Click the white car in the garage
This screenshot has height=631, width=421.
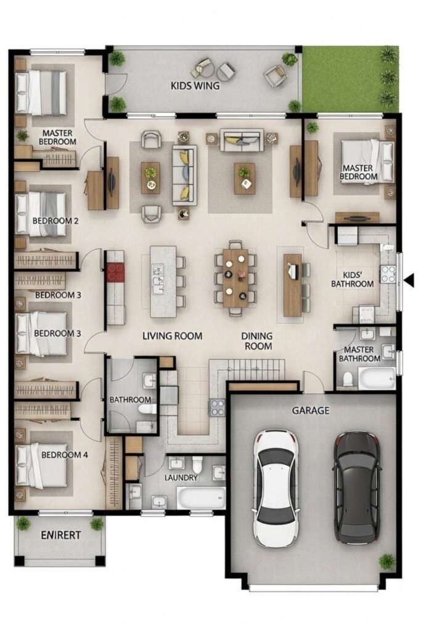pyautogui.click(x=276, y=488)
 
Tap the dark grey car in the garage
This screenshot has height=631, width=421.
pyautogui.click(x=357, y=487)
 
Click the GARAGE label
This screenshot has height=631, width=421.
pyautogui.click(x=310, y=410)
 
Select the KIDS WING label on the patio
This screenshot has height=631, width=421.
pyautogui.click(x=195, y=85)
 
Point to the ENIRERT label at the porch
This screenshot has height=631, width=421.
pyautogui.click(x=61, y=535)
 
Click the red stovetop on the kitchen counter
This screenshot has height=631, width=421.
pyautogui.click(x=115, y=272)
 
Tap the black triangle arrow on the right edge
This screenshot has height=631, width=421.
pyautogui.click(x=409, y=280)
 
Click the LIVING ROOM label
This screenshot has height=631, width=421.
pyautogui.click(x=172, y=336)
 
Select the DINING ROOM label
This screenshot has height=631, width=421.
pyautogui.click(x=256, y=340)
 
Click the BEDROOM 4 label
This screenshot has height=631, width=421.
pyautogui.click(x=64, y=455)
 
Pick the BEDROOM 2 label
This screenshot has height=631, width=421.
pyautogui.click(x=55, y=221)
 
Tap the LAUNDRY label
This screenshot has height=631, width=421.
pyautogui.click(x=181, y=478)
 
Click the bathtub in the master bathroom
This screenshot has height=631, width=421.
pyautogui.click(x=377, y=378)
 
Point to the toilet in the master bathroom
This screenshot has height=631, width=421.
pyautogui.click(x=348, y=379)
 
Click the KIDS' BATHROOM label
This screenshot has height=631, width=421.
pyautogui.click(x=352, y=279)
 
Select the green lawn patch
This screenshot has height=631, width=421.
pyautogui.click(x=351, y=79)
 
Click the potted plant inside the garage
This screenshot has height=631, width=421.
pyautogui.click(x=386, y=561)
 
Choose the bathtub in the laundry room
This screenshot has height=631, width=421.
pyautogui.click(x=201, y=498)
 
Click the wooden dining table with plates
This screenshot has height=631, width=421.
pyautogui.click(x=235, y=278)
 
